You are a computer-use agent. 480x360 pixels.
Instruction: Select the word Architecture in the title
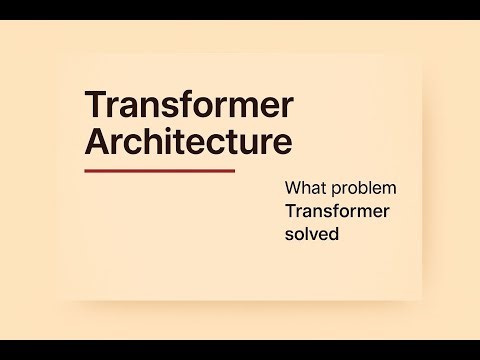tap(188, 141)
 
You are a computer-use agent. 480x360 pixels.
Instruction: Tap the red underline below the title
tap(159, 171)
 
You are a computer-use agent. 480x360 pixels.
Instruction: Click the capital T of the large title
tap(96, 105)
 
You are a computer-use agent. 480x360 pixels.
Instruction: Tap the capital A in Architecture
tap(98, 141)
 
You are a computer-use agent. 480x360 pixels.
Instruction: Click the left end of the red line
tap(86, 171)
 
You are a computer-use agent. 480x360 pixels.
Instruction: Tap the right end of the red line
tap(233, 171)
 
